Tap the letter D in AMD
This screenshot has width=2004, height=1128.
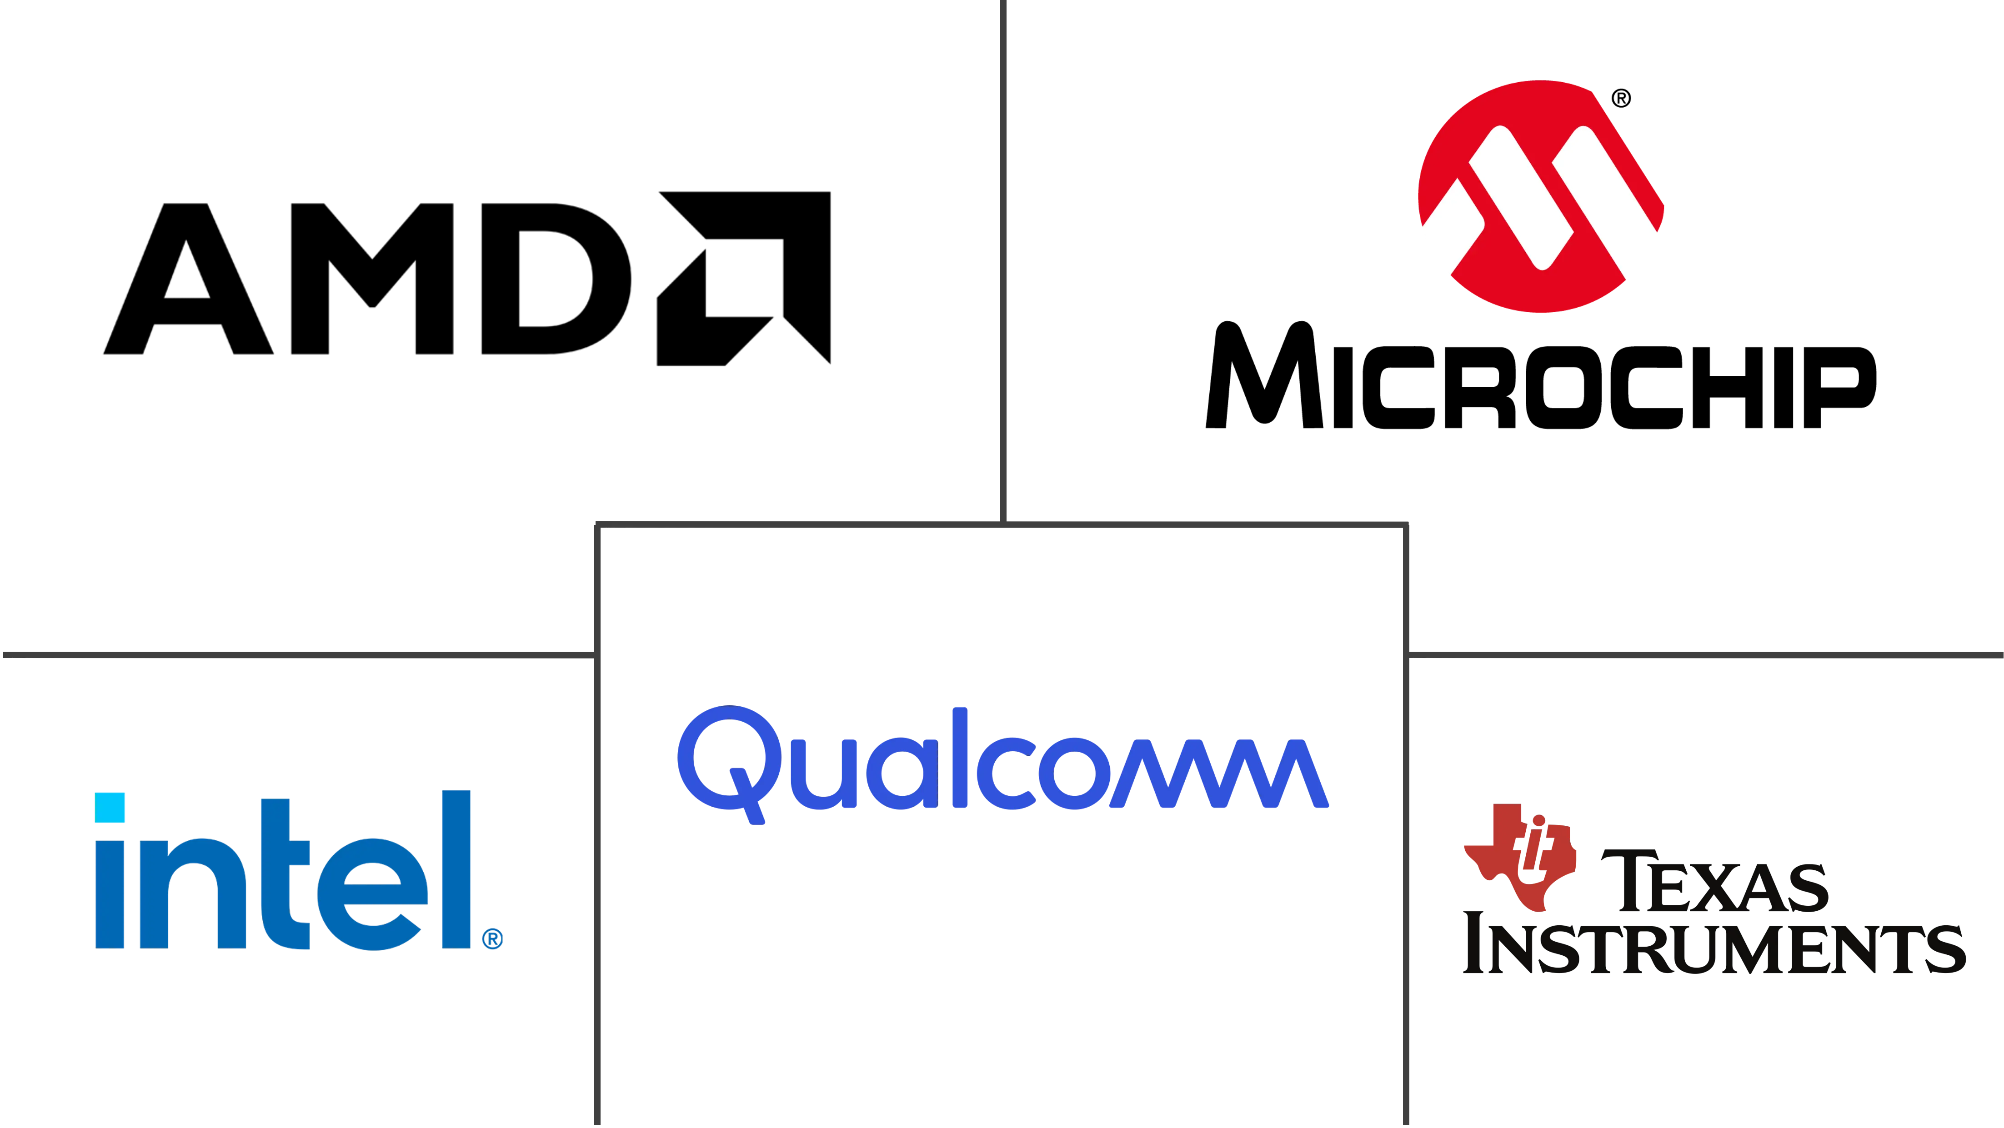tap(556, 279)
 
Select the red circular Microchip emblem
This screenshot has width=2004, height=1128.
tap(1540, 196)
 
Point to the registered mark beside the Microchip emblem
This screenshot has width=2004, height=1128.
tap(1621, 98)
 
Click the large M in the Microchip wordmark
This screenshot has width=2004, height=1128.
tap(1264, 375)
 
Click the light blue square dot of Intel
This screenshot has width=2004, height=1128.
tap(110, 808)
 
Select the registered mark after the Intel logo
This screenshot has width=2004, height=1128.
tap(492, 939)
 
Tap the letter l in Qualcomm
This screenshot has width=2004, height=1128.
tap(960, 757)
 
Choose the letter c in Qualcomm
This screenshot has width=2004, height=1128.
tap(1007, 773)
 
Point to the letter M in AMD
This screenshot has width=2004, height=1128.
tap(372, 279)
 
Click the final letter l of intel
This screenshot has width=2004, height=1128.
tap(456, 870)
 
